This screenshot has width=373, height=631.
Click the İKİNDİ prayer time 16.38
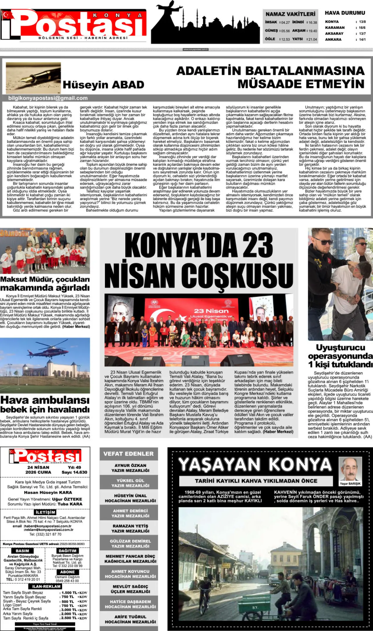point(313,22)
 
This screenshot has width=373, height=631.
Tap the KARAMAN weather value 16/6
point(362,28)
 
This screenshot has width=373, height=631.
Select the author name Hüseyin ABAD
point(103,85)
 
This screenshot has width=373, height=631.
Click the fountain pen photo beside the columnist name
point(33,78)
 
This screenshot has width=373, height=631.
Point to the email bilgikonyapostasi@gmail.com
point(48,98)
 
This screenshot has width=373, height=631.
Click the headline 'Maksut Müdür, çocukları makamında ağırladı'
point(45,283)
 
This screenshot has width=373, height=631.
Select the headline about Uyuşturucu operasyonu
point(340,356)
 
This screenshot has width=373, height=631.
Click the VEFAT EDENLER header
point(129,454)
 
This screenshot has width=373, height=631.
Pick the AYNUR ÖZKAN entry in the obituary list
point(130,468)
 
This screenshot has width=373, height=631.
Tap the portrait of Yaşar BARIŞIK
point(350,469)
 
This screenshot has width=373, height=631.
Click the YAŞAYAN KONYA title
point(255,464)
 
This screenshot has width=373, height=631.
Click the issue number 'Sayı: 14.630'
point(74,472)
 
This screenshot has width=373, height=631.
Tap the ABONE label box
point(67,572)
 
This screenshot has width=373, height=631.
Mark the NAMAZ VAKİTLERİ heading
point(290,14)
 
